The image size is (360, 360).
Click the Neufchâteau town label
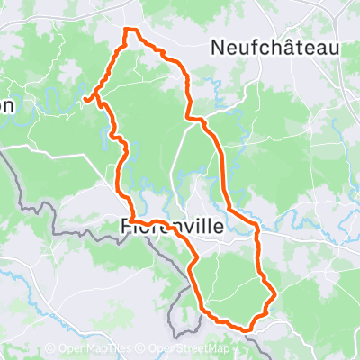click(274, 47)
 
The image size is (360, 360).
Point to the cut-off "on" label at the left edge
click(6, 105)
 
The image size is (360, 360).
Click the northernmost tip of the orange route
click(126, 30)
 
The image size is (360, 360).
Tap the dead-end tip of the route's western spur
click(85, 98)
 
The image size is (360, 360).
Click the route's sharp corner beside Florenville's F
click(130, 220)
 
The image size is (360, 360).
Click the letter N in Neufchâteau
click(216, 47)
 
